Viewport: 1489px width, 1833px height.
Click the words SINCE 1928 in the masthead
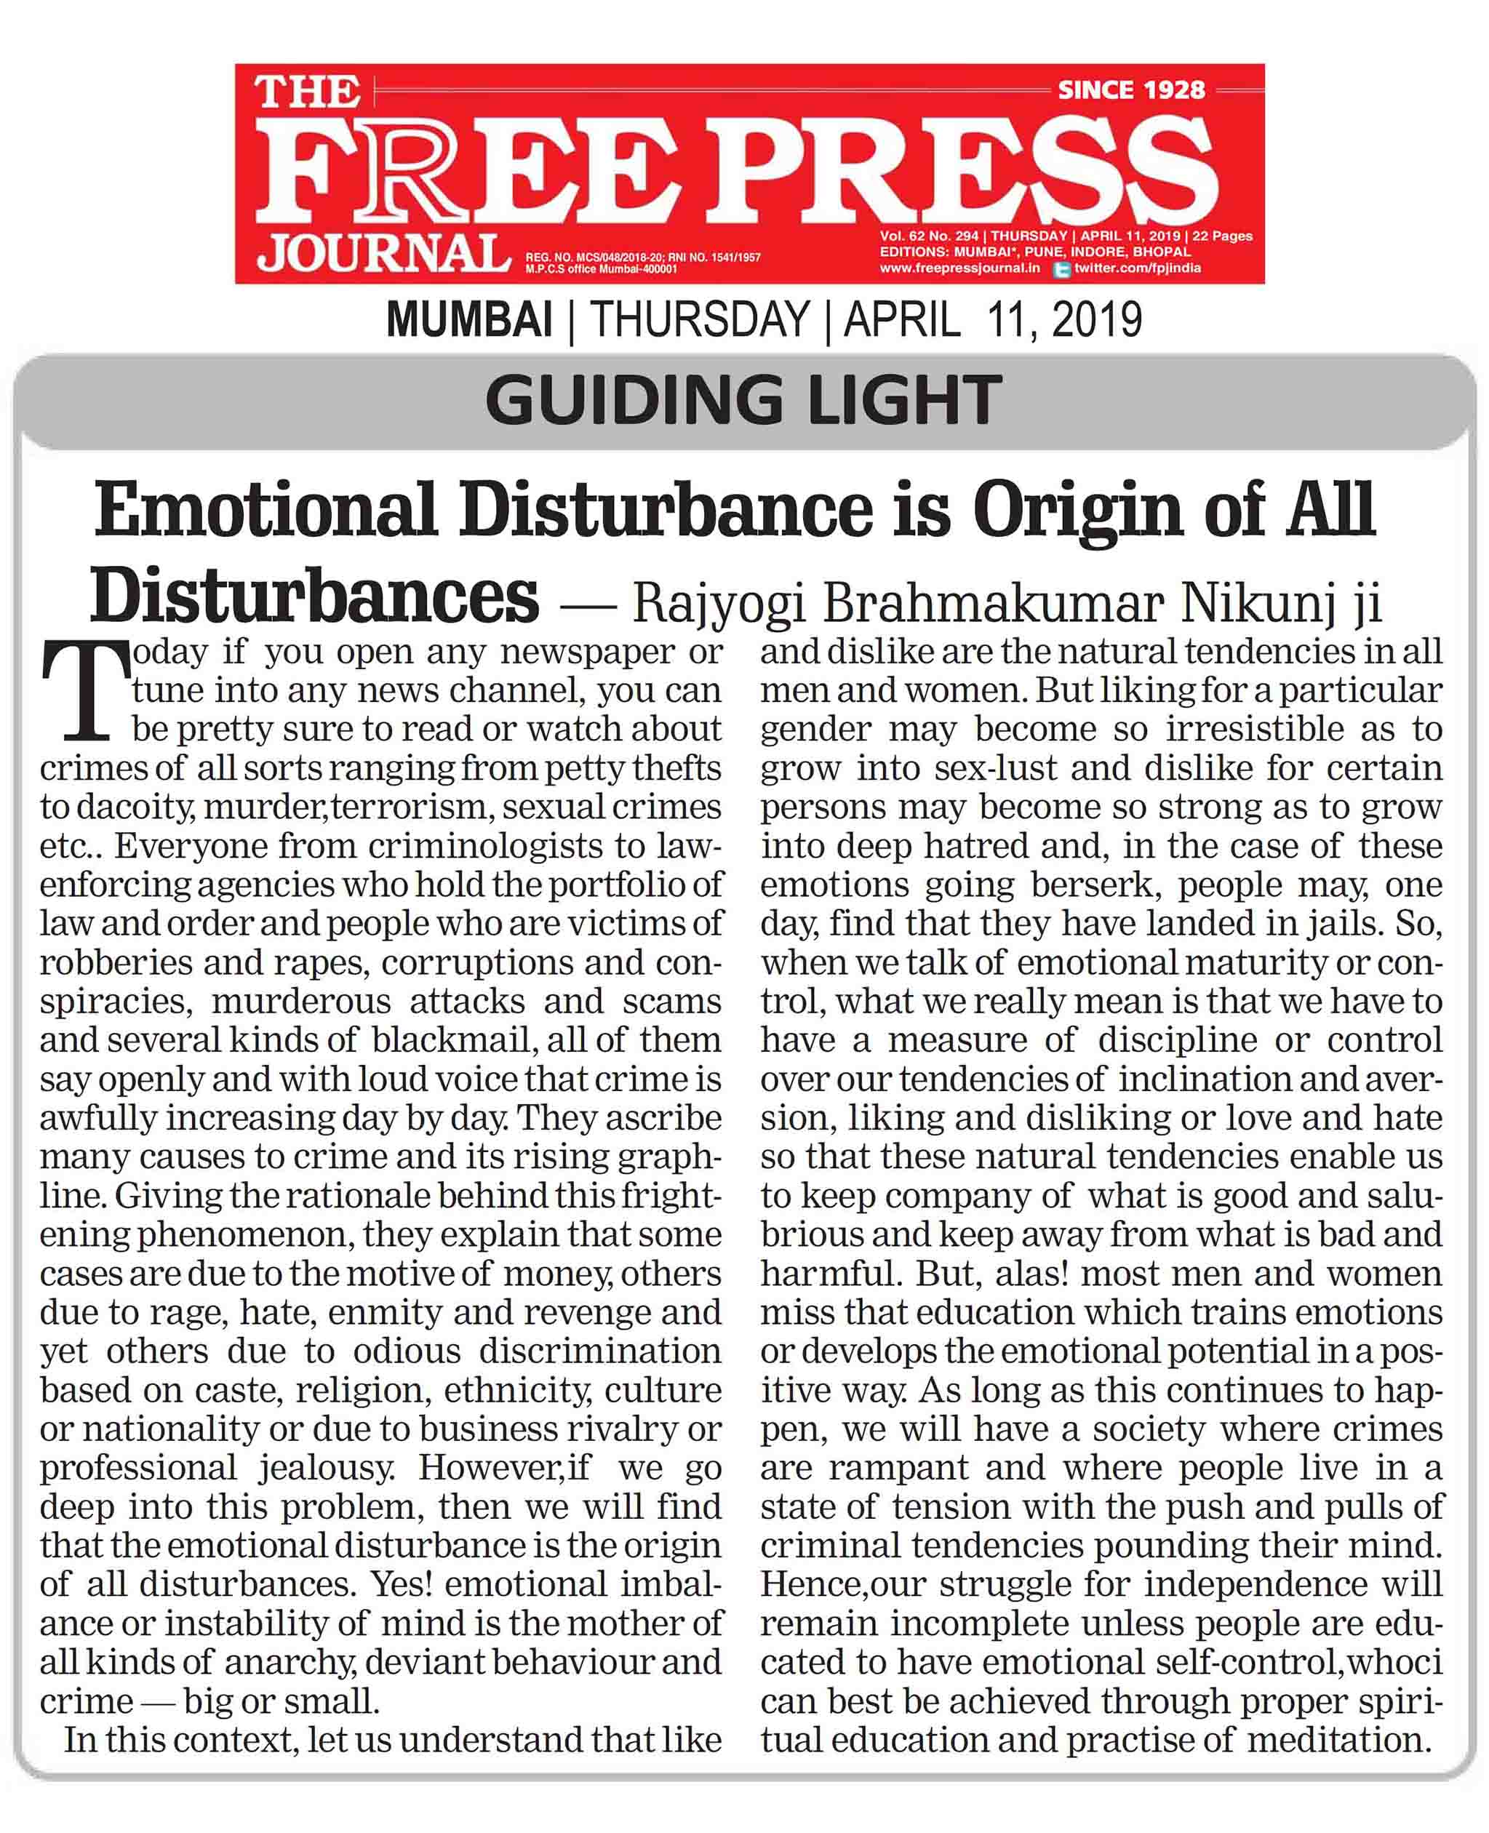coord(1130,89)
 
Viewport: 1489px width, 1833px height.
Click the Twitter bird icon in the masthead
coord(1061,269)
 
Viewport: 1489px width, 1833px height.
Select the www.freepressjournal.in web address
coord(959,268)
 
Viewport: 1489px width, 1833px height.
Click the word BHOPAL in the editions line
coord(1162,252)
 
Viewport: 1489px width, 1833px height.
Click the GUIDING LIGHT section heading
coord(743,401)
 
